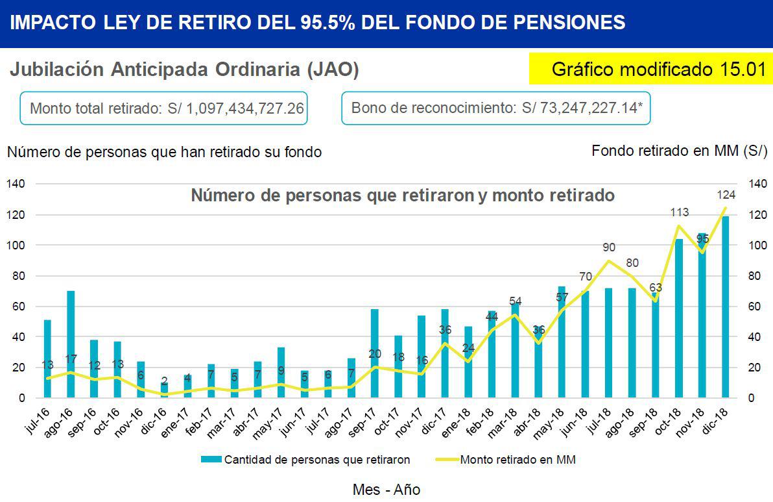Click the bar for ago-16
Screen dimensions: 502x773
71,344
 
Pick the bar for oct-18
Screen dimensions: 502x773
679,318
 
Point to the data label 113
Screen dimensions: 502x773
679,212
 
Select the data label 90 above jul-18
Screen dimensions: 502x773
608,247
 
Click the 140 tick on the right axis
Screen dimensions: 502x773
757,184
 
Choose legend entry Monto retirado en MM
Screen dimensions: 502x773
517,459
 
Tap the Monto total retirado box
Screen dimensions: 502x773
163,108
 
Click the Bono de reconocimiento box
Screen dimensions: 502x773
496,108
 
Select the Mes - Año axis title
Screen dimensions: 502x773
386,489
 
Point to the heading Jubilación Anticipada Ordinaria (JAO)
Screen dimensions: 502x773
184,69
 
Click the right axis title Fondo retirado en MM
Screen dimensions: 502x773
680,151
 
